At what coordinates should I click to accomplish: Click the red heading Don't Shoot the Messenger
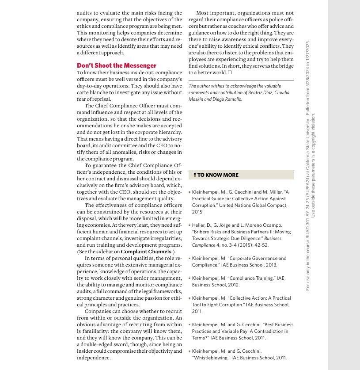coord(117,65)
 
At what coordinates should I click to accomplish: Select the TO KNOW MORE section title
coord(218,175)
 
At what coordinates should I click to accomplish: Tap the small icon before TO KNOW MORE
coord(194,175)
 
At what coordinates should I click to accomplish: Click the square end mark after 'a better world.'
coord(230,72)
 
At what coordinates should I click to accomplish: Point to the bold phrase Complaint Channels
coord(146,252)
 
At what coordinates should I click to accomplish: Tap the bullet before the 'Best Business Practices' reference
coord(189,325)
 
